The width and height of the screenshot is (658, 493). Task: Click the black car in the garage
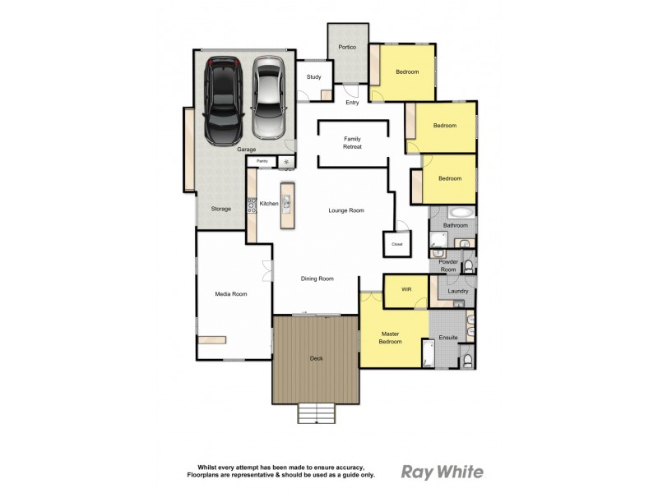[x=224, y=99]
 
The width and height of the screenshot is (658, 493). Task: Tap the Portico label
[x=347, y=48]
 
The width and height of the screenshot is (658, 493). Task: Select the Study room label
[x=313, y=77]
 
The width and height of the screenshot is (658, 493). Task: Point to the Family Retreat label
[x=352, y=143]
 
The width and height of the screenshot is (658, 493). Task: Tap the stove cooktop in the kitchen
[x=252, y=205]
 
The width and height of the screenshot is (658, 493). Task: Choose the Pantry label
[x=262, y=161]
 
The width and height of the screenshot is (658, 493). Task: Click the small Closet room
[x=396, y=244]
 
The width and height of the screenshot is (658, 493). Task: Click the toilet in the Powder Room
[x=469, y=265]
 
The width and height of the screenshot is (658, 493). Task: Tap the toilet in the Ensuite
[x=466, y=361]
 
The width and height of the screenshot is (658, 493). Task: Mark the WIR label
[x=405, y=290]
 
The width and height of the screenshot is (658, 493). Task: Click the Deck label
[x=317, y=358]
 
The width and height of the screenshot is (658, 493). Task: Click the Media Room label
[x=231, y=293]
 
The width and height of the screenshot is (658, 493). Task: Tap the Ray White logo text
[x=442, y=472]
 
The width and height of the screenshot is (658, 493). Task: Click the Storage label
[x=220, y=209]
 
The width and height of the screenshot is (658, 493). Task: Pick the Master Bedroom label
[x=391, y=337]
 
